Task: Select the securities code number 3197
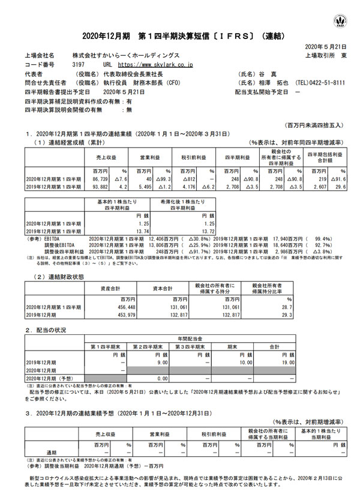(x=78, y=64)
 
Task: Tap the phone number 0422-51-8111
(x=331, y=83)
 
